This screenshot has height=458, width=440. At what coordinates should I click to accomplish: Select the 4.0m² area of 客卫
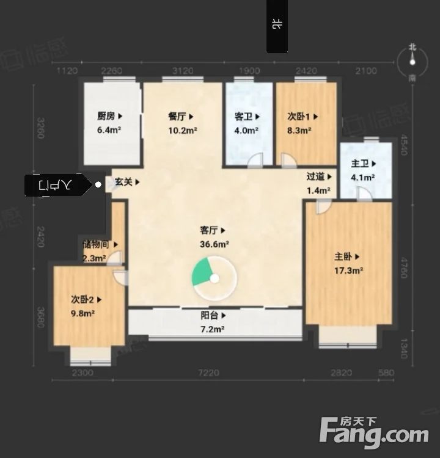point(246,130)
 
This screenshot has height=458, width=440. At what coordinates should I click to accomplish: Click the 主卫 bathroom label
point(360,164)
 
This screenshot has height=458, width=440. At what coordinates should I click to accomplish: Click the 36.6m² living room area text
point(214,244)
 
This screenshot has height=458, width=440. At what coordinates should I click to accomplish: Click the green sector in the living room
point(201,272)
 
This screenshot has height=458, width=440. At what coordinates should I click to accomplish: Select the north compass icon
point(413,60)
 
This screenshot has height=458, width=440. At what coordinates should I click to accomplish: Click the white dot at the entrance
point(99,184)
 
